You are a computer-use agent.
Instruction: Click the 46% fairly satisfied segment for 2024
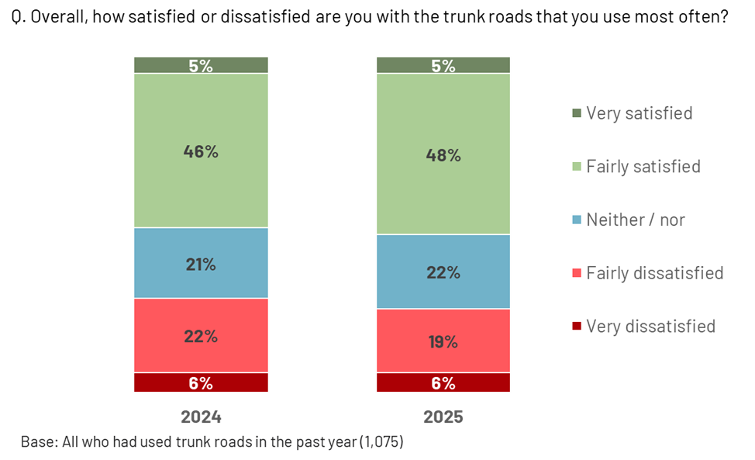click(x=201, y=150)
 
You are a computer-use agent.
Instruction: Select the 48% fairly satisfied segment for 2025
click(x=443, y=154)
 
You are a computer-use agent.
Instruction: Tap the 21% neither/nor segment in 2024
click(x=201, y=264)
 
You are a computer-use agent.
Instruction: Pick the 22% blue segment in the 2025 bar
click(x=443, y=272)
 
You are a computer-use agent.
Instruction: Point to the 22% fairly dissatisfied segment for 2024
click(x=201, y=336)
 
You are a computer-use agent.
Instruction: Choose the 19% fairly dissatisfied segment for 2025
click(x=443, y=341)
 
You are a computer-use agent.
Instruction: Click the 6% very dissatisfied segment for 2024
click(x=201, y=382)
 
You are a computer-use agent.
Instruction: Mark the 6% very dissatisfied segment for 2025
click(x=443, y=382)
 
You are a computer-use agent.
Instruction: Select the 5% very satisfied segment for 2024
click(x=201, y=65)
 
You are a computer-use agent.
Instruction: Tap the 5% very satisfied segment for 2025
click(x=443, y=65)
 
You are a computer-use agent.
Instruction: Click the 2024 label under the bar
click(x=201, y=417)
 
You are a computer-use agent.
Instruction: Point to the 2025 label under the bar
click(x=443, y=417)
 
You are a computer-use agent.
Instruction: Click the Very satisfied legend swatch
click(x=576, y=113)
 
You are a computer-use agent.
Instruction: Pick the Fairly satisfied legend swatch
click(x=576, y=167)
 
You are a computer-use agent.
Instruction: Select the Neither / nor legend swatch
click(x=576, y=220)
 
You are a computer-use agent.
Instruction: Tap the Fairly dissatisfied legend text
click(x=654, y=273)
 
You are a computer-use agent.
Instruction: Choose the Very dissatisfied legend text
click(x=650, y=326)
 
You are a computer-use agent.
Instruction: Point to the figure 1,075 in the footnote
click(x=380, y=442)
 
